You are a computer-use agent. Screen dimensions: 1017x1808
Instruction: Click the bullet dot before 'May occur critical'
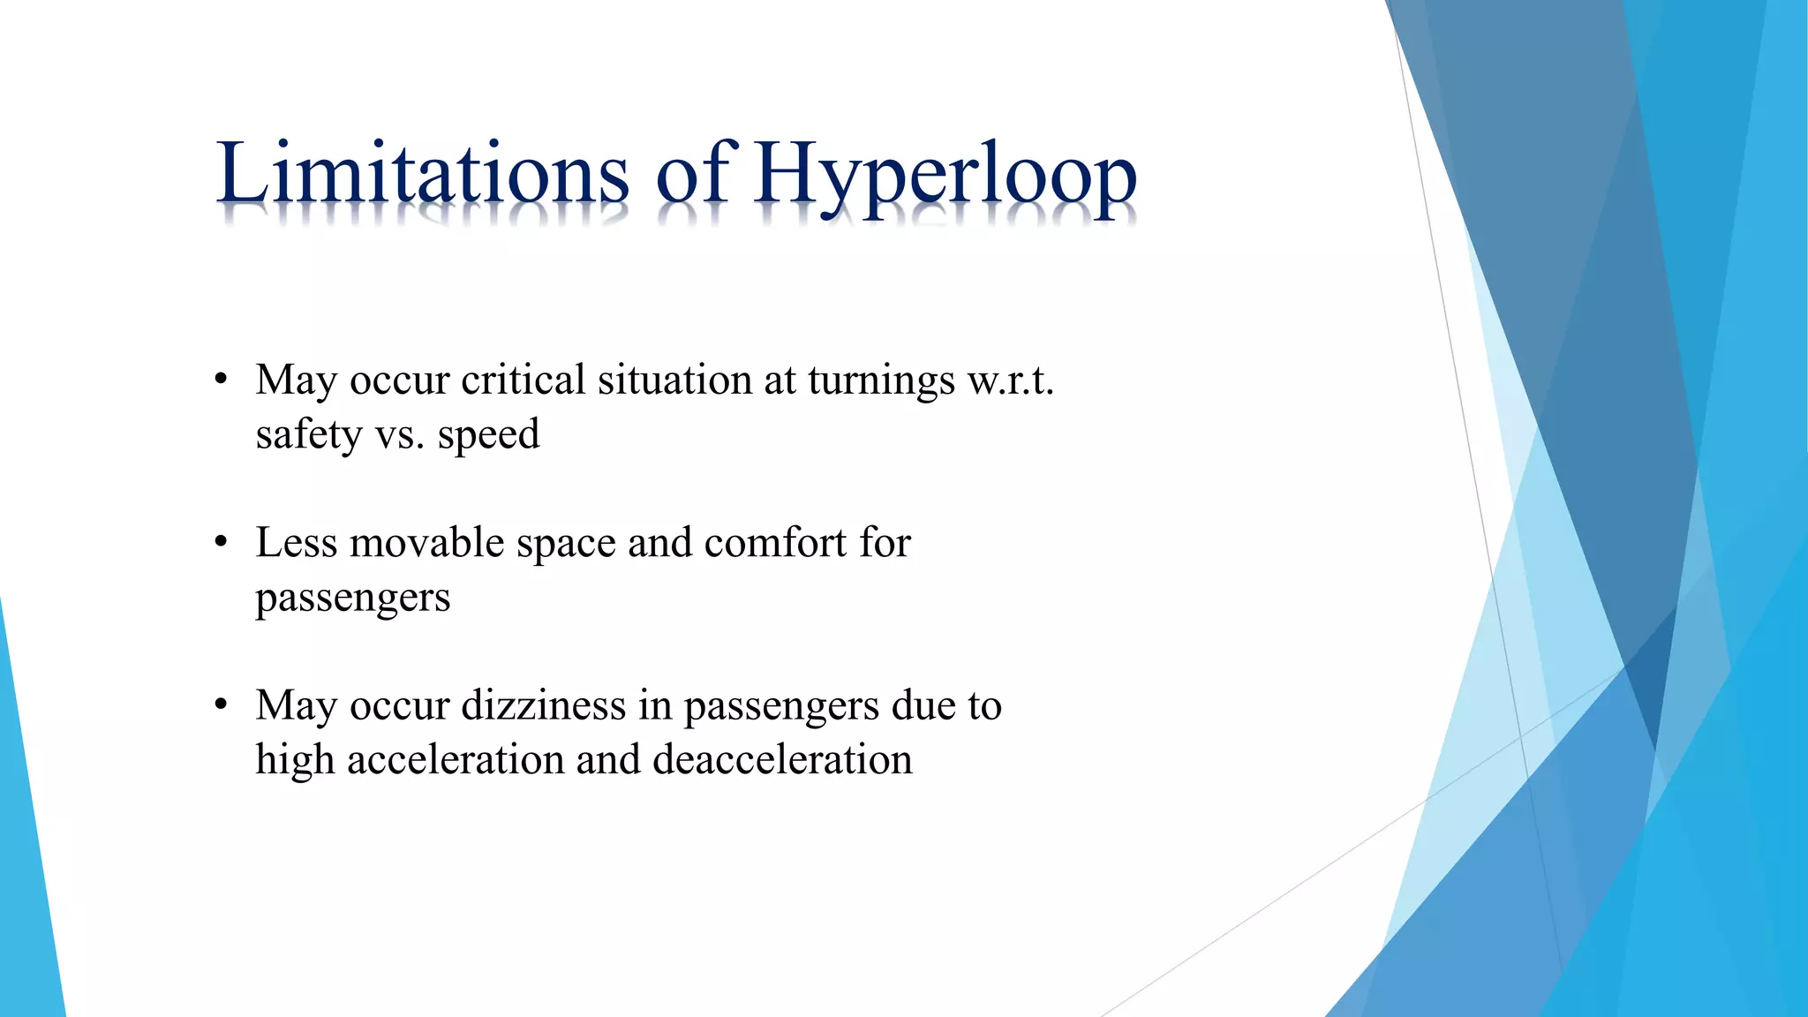point(222,380)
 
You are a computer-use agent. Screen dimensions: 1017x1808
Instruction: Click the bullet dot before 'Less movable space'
point(222,543)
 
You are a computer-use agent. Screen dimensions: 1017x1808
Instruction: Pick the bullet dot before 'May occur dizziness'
point(222,705)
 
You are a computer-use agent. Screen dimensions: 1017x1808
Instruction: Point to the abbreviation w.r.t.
point(1011,380)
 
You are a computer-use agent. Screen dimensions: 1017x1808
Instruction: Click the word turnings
point(880,380)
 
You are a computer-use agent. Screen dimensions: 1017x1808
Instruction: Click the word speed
point(488,435)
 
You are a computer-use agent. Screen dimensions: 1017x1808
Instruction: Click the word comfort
point(775,543)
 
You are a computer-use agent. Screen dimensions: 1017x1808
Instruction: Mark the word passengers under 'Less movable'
point(352,599)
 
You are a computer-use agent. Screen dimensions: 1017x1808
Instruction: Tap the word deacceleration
point(782,760)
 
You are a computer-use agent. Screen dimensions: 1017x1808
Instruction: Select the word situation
point(674,380)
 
